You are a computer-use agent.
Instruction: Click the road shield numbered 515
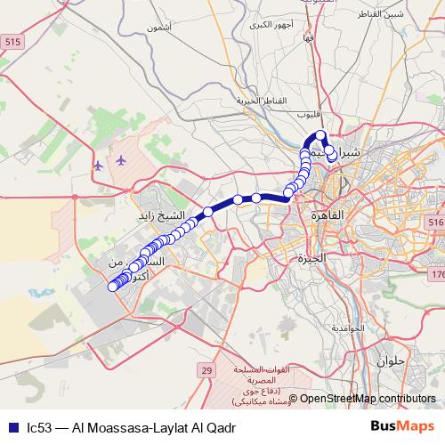click(x=13, y=42)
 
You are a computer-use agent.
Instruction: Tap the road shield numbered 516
click(x=434, y=222)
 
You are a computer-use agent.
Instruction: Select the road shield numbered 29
click(x=206, y=369)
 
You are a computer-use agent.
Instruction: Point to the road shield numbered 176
click(x=439, y=274)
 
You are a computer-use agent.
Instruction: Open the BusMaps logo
click(x=403, y=427)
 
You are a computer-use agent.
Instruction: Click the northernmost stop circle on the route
click(x=321, y=135)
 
